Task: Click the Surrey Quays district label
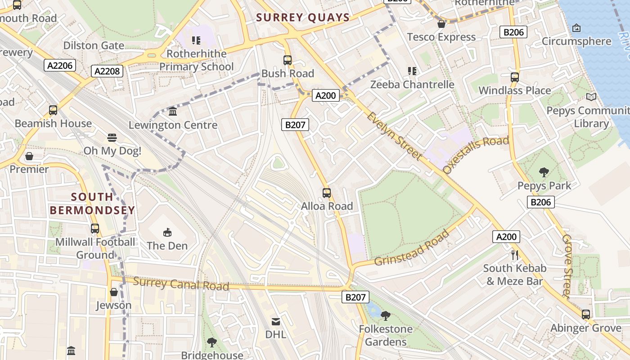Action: (x=303, y=18)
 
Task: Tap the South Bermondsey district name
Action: (x=92, y=203)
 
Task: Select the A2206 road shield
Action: (x=60, y=66)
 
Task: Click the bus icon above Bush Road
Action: (x=288, y=60)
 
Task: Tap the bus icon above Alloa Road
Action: (x=327, y=193)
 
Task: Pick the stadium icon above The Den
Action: (x=167, y=232)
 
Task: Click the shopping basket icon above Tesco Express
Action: (x=441, y=24)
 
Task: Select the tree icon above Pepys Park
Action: (x=544, y=172)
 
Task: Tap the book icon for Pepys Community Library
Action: (x=591, y=97)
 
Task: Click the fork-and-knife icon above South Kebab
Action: (x=515, y=255)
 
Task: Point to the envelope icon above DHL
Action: (x=276, y=321)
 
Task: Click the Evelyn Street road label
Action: (x=394, y=135)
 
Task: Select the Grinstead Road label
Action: (x=412, y=248)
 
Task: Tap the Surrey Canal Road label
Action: (x=181, y=284)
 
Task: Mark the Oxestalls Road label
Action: (x=476, y=154)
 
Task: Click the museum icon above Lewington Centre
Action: (x=173, y=111)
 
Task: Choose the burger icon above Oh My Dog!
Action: (x=112, y=137)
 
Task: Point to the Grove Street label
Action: (x=567, y=266)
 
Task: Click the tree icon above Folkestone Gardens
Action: (x=386, y=315)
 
